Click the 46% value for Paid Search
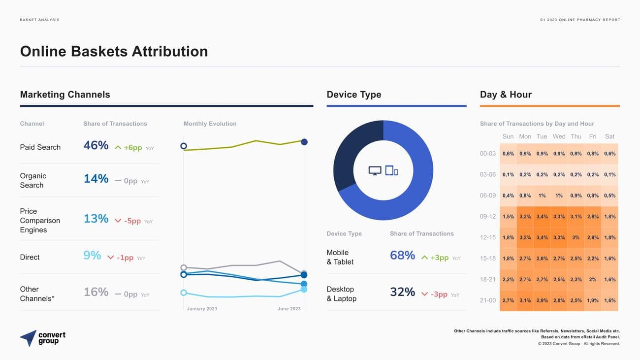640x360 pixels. click(96, 145)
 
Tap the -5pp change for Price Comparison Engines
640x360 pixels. click(132, 221)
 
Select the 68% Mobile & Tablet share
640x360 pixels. click(402, 256)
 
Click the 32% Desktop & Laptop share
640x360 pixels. click(402, 292)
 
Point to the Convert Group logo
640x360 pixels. click(43, 338)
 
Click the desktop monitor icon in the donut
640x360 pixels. click(375, 171)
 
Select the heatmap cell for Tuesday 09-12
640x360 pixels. click(542, 216)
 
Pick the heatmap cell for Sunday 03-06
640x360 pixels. click(508, 174)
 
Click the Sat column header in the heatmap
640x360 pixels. click(609, 136)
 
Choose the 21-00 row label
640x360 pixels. click(487, 300)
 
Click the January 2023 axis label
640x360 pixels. click(202, 309)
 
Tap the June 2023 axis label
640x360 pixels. click(289, 309)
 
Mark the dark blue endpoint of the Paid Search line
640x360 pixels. click(304, 142)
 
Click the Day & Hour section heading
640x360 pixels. click(506, 95)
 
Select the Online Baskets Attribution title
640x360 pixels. click(114, 51)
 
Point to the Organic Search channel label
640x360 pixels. click(33, 180)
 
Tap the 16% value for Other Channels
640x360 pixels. click(96, 292)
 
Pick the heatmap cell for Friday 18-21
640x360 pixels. click(593, 279)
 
